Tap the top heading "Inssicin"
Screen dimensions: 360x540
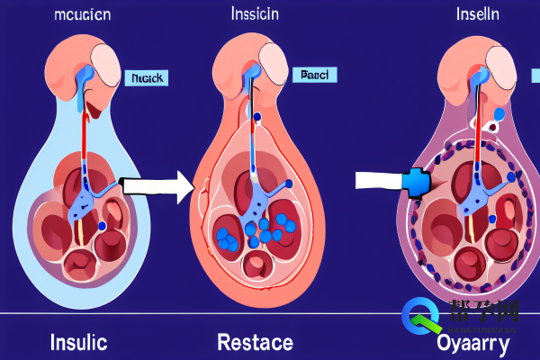pos(254,15)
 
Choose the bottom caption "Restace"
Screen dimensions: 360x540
pos(255,342)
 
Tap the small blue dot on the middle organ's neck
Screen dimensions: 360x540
pos(256,116)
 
